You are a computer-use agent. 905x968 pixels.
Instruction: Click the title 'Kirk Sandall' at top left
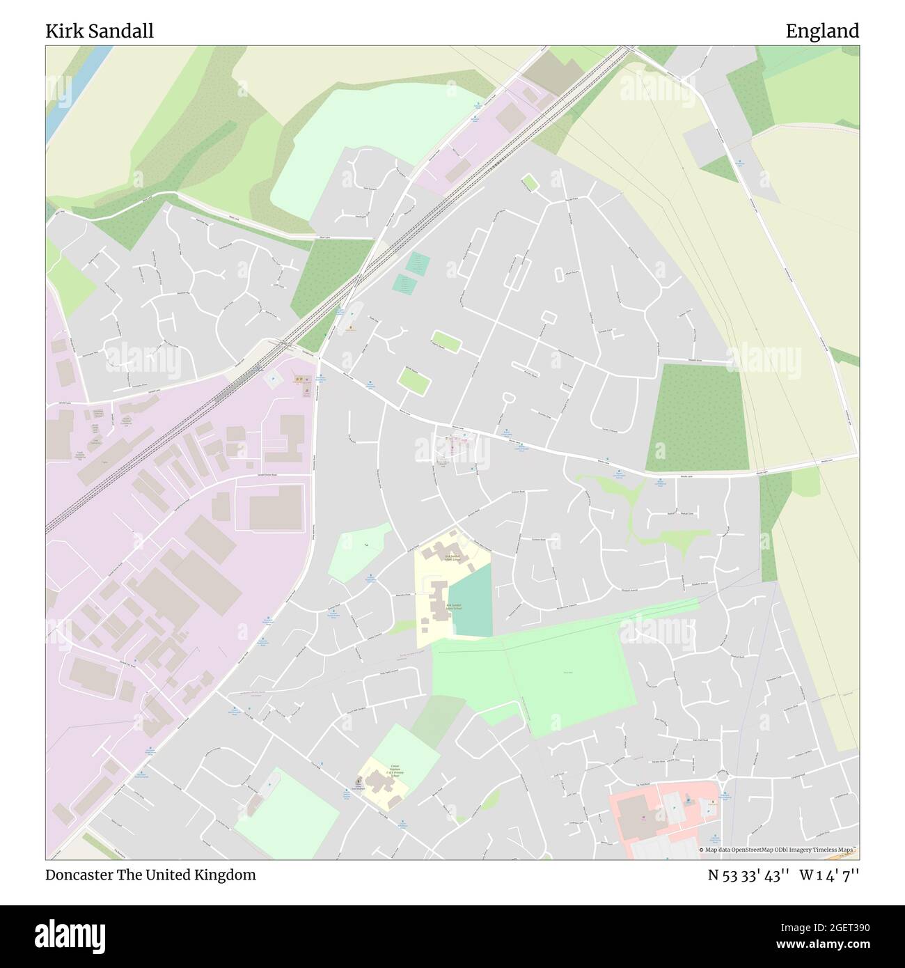(100, 31)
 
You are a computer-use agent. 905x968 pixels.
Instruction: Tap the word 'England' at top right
(822, 31)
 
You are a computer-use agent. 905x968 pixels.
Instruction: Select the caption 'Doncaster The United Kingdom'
(150, 875)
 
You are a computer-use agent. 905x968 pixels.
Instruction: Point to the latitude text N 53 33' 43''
(748, 875)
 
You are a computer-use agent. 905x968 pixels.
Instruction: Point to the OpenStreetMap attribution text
(778, 850)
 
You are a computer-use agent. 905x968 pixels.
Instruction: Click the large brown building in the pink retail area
(631, 815)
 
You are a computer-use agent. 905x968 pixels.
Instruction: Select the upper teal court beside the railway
(418, 263)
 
